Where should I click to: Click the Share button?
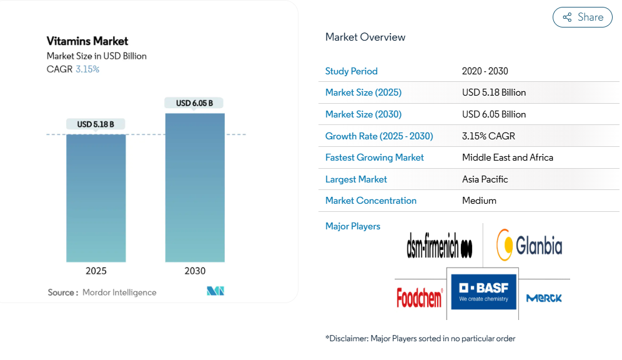pyautogui.click(x=583, y=17)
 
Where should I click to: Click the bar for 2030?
pyautogui.click(x=195, y=187)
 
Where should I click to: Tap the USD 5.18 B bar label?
pyautogui.click(x=96, y=124)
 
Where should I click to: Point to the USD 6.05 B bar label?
pyautogui.click(x=194, y=103)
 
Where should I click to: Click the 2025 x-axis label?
pyautogui.click(x=96, y=271)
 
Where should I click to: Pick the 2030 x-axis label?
pyautogui.click(x=195, y=271)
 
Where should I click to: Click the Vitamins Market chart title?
pyautogui.click(x=87, y=41)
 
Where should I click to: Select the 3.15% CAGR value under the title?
pyautogui.click(x=87, y=69)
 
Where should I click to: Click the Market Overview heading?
pyautogui.click(x=365, y=37)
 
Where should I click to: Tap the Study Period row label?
pyautogui.click(x=352, y=71)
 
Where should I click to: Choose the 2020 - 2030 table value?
pyautogui.click(x=485, y=71)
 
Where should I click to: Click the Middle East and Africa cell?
pyautogui.click(x=508, y=157)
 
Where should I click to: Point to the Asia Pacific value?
pyautogui.click(x=485, y=179)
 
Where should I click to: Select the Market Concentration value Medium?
pyautogui.click(x=480, y=201)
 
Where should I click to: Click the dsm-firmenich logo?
pyautogui.click(x=439, y=245)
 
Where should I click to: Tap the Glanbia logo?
pyautogui.click(x=529, y=244)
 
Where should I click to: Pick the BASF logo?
pyautogui.click(x=484, y=292)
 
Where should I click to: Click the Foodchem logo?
pyautogui.click(x=420, y=297)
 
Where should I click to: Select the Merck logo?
pyautogui.click(x=544, y=298)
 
